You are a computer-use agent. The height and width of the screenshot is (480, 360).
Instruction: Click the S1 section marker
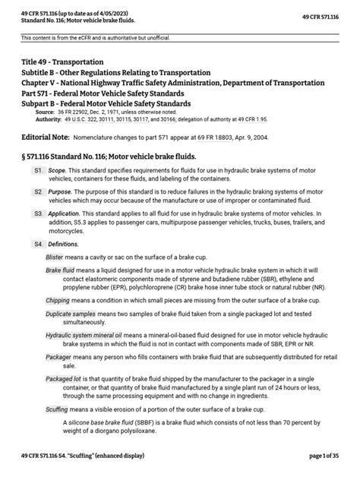pos(39,172)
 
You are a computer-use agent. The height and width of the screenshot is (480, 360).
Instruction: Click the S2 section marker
pos(39,193)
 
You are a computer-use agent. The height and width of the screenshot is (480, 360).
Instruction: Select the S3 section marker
pos(39,214)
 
